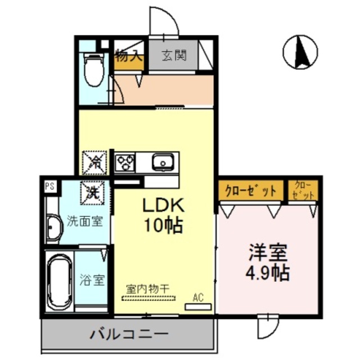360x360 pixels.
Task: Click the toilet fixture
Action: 94,69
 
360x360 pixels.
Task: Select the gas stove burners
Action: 126,163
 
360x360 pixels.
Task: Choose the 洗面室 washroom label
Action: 84,220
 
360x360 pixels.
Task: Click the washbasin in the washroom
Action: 53,228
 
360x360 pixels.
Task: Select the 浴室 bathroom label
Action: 92,280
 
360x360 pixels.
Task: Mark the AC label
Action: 198,296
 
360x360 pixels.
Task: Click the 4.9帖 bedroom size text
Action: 269,273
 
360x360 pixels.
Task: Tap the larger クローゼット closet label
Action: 251,190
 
